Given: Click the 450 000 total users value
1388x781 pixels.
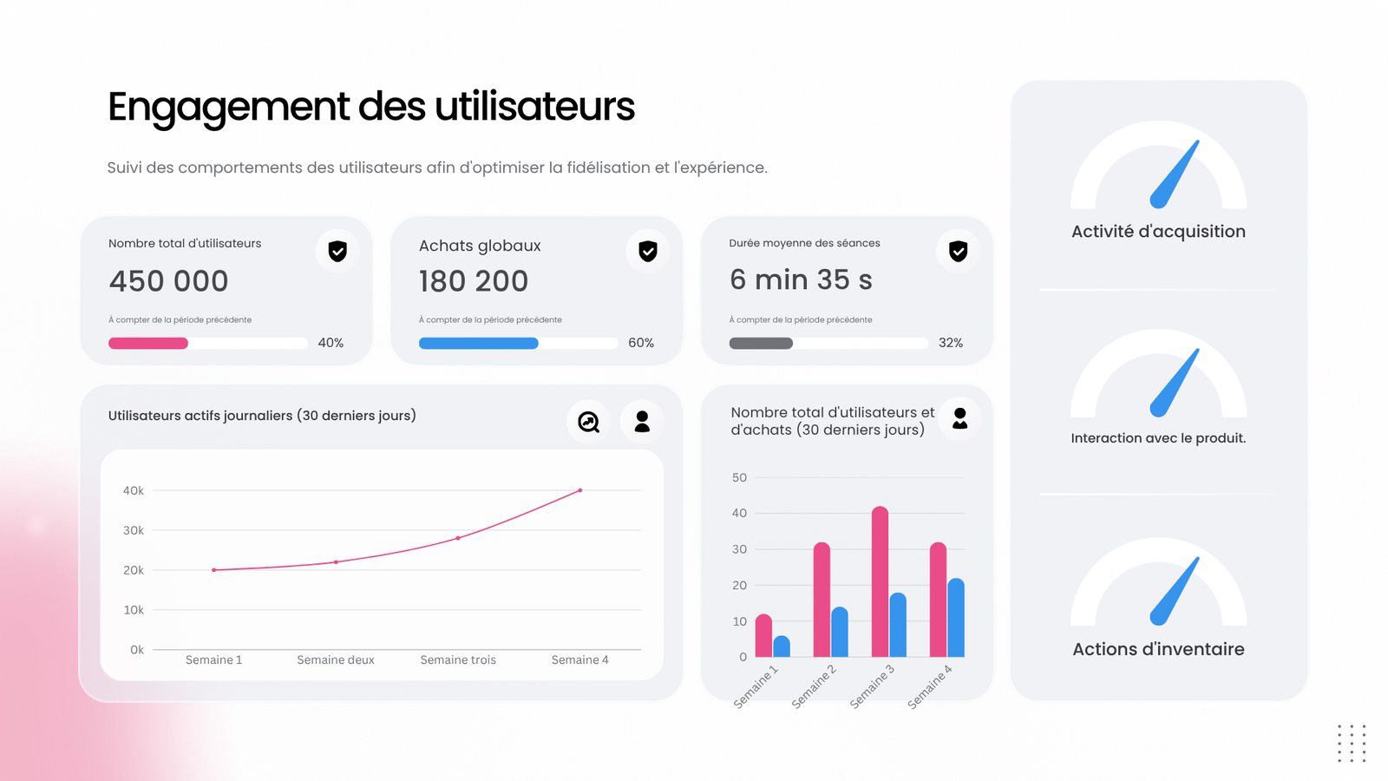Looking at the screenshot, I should click(x=168, y=281).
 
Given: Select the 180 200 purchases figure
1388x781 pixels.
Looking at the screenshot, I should click(x=473, y=281).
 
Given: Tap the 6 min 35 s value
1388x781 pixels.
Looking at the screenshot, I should click(x=801, y=279).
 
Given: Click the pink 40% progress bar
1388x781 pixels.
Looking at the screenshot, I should click(x=148, y=343).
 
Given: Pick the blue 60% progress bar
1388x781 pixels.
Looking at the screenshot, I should click(x=478, y=343).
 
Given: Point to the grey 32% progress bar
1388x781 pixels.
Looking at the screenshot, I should click(x=761, y=343).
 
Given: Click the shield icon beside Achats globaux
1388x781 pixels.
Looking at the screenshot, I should click(x=647, y=251).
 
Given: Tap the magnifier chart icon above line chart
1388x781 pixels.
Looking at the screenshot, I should click(x=588, y=422).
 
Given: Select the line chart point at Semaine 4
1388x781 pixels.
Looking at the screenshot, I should click(x=580, y=490).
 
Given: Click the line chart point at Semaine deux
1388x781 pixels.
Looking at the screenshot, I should click(x=337, y=561).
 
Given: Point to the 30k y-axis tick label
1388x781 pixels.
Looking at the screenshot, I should click(x=134, y=530).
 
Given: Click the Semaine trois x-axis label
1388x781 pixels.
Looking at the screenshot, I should click(x=458, y=660).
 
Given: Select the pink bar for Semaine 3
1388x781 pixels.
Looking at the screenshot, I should click(x=880, y=581).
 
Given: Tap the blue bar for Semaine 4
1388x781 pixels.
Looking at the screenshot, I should click(x=955, y=618).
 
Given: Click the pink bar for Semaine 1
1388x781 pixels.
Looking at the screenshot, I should click(x=763, y=635).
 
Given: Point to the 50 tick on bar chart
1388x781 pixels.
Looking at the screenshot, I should click(x=739, y=477).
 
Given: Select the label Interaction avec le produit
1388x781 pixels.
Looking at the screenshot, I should click(x=1158, y=438).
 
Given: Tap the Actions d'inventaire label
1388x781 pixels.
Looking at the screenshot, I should click(x=1158, y=649).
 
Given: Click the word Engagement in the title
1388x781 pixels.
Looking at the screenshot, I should click(x=228, y=108).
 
